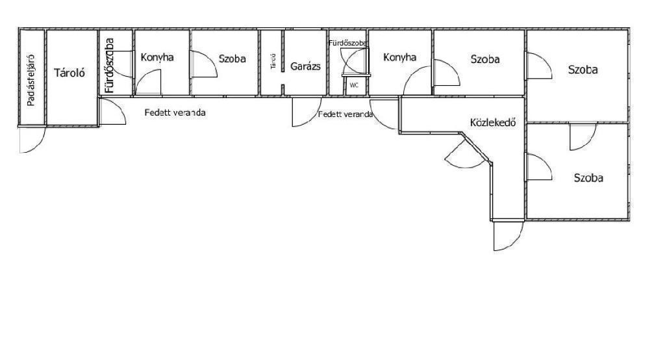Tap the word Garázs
(305, 66)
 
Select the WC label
(354, 85)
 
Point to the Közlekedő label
(493, 122)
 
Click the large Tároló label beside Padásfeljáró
(69, 73)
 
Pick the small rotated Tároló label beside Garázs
(273, 62)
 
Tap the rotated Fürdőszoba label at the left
(109, 65)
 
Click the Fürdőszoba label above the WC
(348, 42)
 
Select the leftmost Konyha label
(157, 57)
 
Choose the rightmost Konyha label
(399, 57)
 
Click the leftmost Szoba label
(232, 58)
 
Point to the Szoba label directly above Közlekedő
(485, 59)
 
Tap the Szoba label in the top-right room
(583, 70)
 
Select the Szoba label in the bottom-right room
(588, 177)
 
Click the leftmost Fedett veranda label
(175, 112)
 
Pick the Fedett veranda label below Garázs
(345, 114)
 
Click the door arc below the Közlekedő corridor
(507, 236)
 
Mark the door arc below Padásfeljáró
(32, 140)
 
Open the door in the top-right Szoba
(539, 66)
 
